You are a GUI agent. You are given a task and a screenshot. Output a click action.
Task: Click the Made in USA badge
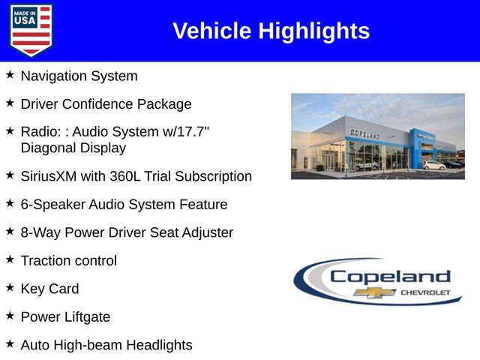click(31, 30)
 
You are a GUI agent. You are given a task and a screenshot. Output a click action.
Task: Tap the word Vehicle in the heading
click(212, 31)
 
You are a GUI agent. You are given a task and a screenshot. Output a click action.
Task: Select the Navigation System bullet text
click(79, 76)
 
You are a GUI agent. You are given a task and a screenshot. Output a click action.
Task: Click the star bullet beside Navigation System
click(10, 75)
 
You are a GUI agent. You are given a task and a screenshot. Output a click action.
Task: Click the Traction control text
click(69, 261)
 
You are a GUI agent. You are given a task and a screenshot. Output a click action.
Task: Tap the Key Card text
click(49, 289)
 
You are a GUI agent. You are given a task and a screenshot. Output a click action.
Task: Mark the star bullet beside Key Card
click(10, 287)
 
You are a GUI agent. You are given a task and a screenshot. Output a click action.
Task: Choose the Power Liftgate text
click(65, 317)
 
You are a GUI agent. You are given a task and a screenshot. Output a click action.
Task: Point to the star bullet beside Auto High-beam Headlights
click(10, 343)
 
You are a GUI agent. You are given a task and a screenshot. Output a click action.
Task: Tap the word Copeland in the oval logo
click(390, 276)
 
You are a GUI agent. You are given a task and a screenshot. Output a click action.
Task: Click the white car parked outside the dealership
click(433, 165)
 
